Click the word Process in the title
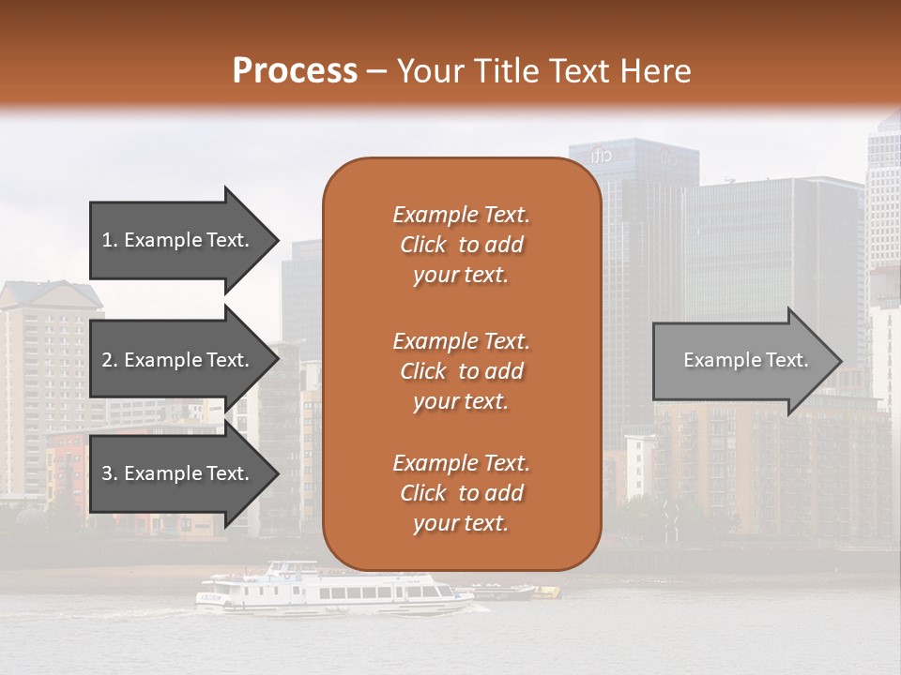pyautogui.click(x=295, y=71)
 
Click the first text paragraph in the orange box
pyautogui.click(x=462, y=245)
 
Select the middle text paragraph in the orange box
pyautogui.click(x=462, y=371)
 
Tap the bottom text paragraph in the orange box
pyautogui.click(x=462, y=493)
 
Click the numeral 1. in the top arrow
pyautogui.click(x=110, y=240)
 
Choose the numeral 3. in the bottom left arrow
pyautogui.click(x=110, y=473)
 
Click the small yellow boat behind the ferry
pyautogui.click(x=545, y=592)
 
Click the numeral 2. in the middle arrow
pyautogui.click(x=110, y=360)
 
